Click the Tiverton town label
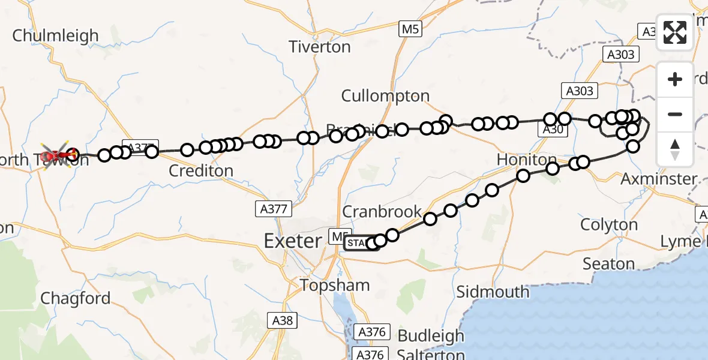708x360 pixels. point(320,47)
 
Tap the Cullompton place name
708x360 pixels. point(385,96)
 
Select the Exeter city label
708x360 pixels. point(293,241)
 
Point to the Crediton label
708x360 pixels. point(200,171)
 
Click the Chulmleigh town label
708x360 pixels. point(55,35)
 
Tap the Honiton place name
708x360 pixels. point(527,160)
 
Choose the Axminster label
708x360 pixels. point(659,179)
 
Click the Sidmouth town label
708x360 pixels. point(493,292)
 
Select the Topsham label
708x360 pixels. point(334,285)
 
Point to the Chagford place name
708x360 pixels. point(76,298)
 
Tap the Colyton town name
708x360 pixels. point(609,225)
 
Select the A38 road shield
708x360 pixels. point(282,320)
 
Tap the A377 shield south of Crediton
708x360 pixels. point(273,209)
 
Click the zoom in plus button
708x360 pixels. point(675,79)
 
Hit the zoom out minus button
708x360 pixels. point(675,114)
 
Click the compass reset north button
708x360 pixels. point(675,149)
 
